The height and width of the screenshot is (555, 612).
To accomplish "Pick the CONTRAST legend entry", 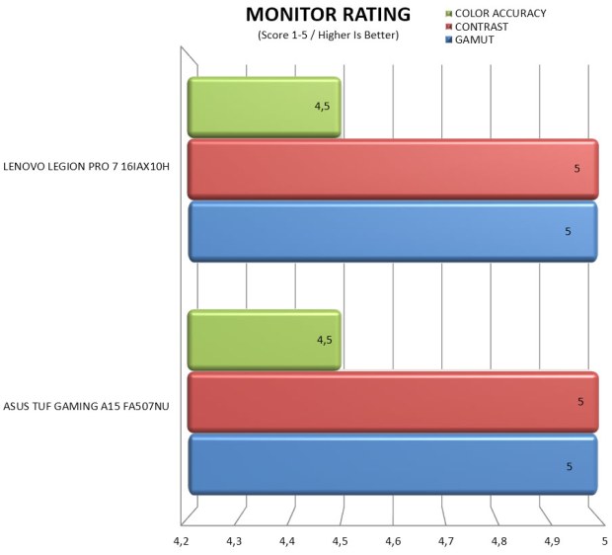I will click(477, 26).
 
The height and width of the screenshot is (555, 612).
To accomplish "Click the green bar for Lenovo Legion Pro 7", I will click(265, 107).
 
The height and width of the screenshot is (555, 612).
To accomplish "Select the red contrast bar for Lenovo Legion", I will click(392, 169).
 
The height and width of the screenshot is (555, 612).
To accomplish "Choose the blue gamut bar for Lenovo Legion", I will click(392, 232).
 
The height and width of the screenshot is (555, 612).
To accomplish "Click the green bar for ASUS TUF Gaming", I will click(265, 340).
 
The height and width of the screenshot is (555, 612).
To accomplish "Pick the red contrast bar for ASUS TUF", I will click(392, 402).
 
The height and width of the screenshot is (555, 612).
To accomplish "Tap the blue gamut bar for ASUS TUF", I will click(392, 464).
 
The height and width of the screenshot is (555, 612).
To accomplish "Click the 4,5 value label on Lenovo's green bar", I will click(323, 105).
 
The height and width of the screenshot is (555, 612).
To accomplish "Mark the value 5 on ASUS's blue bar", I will click(569, 465).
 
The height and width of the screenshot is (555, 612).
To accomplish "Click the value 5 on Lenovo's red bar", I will click(576, 169).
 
